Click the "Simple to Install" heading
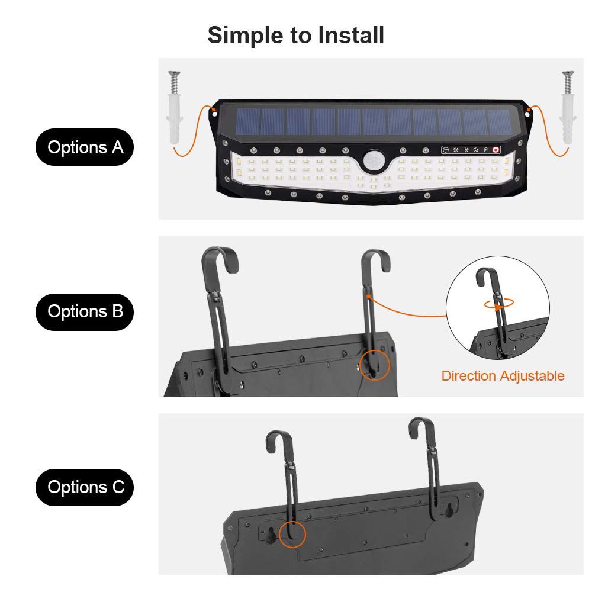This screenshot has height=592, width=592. tap(296, 36)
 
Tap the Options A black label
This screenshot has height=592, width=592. tap(85, 147)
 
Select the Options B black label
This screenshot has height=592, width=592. tap(85, 311)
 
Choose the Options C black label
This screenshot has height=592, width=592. tap(85, 487)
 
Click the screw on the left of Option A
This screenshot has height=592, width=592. tap(173, 78)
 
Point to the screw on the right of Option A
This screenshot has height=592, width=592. tap(568, 78)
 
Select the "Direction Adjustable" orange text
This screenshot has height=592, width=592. tap(503, 376)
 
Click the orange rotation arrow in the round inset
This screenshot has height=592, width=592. tap(498, 304)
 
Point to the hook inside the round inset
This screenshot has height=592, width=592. tap(489, 278)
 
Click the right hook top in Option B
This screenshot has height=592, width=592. tap(377, 258)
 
